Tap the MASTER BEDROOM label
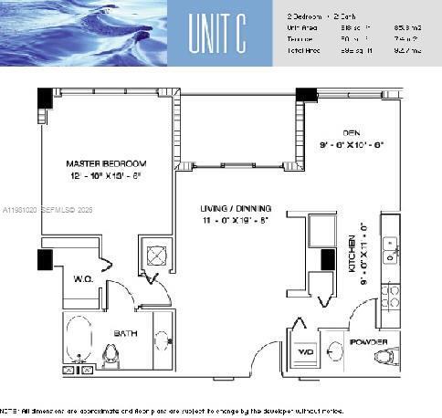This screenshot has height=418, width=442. tap(106, 163)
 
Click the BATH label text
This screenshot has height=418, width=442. tap(125, 334)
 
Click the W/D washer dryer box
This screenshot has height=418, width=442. tap(304, 351)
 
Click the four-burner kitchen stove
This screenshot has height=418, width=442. tap(390, 296)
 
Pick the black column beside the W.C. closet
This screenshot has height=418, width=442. tap(45, 259)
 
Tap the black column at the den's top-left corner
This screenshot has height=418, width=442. tap(306, 94)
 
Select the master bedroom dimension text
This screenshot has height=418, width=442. tap(106, 177)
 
